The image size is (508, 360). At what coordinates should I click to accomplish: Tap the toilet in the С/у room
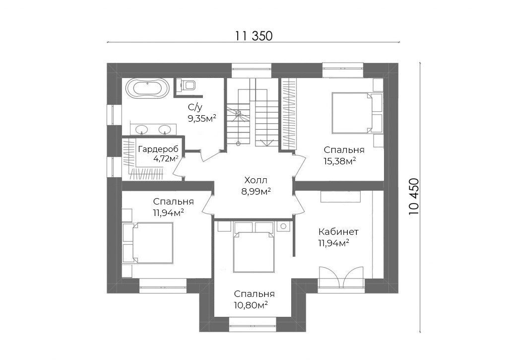(x=188, y=85)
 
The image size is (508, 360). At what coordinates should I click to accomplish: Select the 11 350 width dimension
(x=254, y=36)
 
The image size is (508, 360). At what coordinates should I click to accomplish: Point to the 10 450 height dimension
(x=414, y=197)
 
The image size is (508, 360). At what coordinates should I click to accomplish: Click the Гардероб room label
(x=158, y=149)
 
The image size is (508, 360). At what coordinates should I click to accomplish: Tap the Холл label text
(x=256, y=180)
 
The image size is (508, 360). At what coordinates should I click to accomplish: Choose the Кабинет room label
(x=338, y=232)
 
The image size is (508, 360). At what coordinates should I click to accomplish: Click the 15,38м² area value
(x=340, y=160)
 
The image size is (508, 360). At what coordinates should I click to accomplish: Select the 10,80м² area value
(x=251, y=305)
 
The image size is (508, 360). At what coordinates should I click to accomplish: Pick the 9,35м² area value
(x=202, y=118)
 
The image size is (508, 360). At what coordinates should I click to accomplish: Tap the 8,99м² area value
(x=256, y=191)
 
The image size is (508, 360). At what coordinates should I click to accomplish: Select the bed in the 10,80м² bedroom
(x=254, y=247)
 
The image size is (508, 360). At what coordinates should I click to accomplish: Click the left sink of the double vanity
(x=141, y=130)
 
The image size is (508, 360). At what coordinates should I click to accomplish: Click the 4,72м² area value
(x=166, y=158)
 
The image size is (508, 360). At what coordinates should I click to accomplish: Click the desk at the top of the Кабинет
(x=340, y=197)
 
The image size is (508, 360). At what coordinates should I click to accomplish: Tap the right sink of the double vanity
(x=165, y=130)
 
